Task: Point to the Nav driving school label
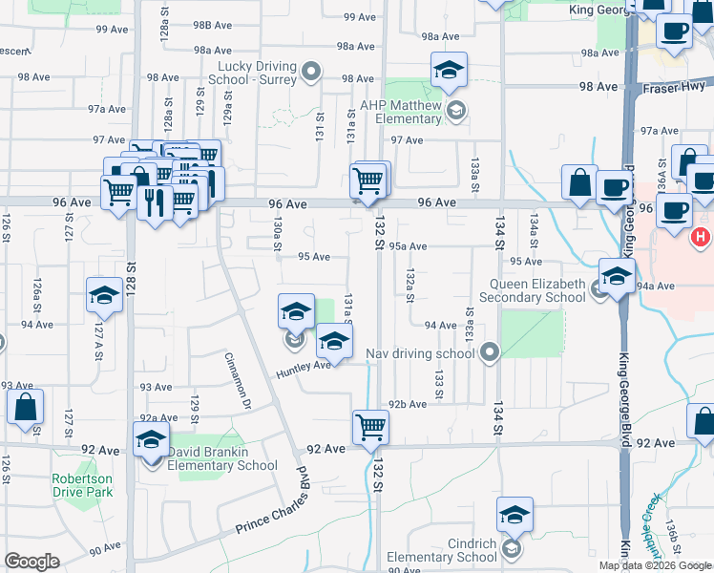tap(421, 354)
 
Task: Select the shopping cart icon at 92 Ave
tap(369, 427)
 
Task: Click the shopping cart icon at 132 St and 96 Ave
tap(367, 178)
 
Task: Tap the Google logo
tap(31, 562)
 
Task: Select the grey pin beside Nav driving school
tap(490, 354)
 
